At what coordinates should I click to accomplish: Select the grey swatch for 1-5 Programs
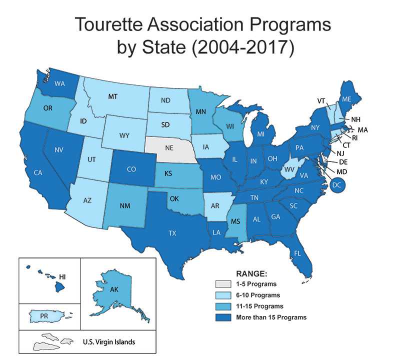[x=220, y=283]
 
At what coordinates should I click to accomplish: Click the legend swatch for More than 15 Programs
[x=220, y=316]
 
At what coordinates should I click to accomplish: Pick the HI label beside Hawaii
[x=62, y=276]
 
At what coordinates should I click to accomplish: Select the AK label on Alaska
[x=114, y=288]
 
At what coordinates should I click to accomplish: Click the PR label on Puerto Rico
[x=44, y=316]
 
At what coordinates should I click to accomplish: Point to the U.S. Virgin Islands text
[x=108, y=342]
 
